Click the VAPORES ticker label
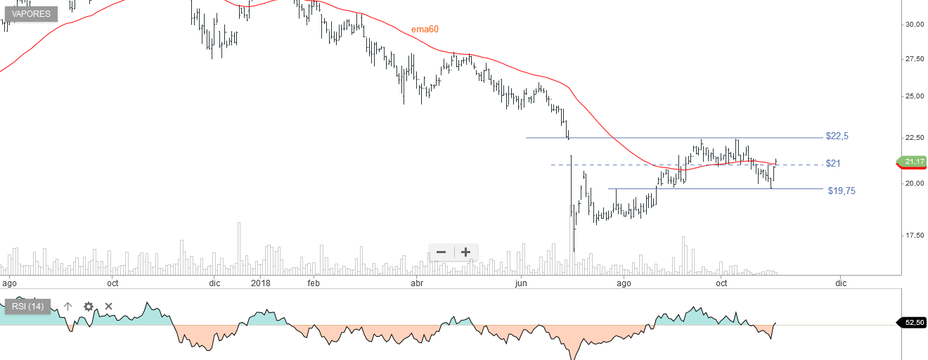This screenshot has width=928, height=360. pos(32,13)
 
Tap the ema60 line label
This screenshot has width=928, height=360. pos(425,30)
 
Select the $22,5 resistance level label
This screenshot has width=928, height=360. pos(838,136)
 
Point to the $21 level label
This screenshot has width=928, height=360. pos(833,163)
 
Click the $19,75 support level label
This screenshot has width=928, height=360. pos(841,191)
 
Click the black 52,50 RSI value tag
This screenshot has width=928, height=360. pos(914,322)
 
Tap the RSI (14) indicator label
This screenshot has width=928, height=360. pos(27,307)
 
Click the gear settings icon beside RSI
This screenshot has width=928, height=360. pos(89,307)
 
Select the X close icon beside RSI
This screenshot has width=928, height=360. pos(109,307)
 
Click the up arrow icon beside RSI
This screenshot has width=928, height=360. pos(68,307)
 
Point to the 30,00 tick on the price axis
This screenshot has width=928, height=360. pos(915,24)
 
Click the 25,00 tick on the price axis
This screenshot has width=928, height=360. pos(915,96)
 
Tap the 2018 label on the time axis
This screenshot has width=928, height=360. pos(261,283)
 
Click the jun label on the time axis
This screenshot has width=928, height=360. pos(521,283)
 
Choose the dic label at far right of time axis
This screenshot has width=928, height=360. pos(841,283)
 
